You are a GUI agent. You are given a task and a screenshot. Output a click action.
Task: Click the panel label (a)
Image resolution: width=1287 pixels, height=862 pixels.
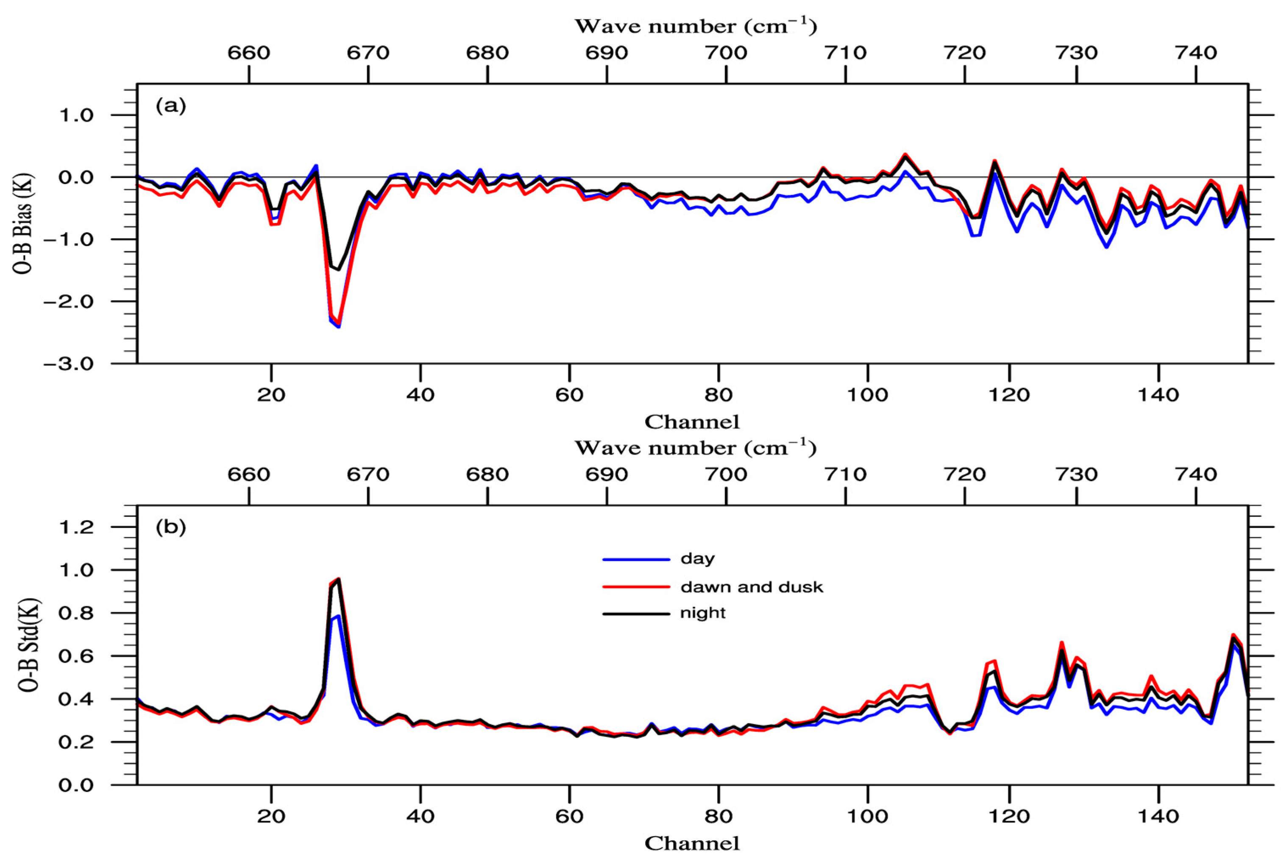tap(171, 106)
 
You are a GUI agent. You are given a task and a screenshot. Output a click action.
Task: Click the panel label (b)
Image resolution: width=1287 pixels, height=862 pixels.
tap(171, 528)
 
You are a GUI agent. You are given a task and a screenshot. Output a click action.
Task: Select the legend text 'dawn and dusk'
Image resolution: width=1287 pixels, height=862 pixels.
tap(751, 587)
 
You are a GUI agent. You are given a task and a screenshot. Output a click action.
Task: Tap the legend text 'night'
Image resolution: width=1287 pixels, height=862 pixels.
tap(703, 613)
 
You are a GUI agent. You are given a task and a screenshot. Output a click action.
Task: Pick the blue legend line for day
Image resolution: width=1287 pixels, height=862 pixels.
tap(636, 560)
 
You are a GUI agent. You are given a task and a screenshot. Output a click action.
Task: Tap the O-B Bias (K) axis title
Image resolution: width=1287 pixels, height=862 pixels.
tap(24, 224)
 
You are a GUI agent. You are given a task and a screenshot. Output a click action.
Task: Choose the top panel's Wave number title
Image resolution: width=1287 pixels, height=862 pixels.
tap(696, 26)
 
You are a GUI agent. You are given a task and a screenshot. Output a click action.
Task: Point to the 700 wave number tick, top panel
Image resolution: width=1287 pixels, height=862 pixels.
tap(726, 53)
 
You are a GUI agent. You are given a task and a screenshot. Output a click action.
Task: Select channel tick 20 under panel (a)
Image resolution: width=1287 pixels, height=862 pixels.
tap(271, 395)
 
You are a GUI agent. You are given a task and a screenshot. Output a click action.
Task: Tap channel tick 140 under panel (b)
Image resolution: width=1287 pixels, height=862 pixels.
tap(1158, 816)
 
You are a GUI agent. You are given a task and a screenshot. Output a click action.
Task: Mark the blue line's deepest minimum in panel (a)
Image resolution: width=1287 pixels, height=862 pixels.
tap(339, 327)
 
